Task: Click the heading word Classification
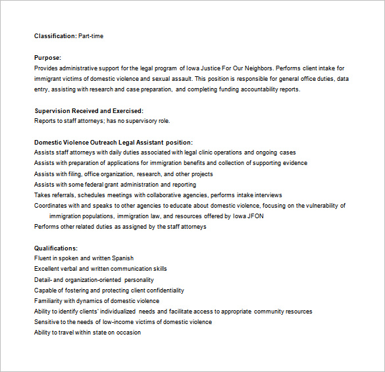tap(55, 36)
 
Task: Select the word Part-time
tap(91, 36)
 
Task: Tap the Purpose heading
tap(47, 58)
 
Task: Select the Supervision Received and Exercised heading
tap(88, 110)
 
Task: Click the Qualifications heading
tap(55, 248)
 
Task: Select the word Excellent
tap(48, 269)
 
